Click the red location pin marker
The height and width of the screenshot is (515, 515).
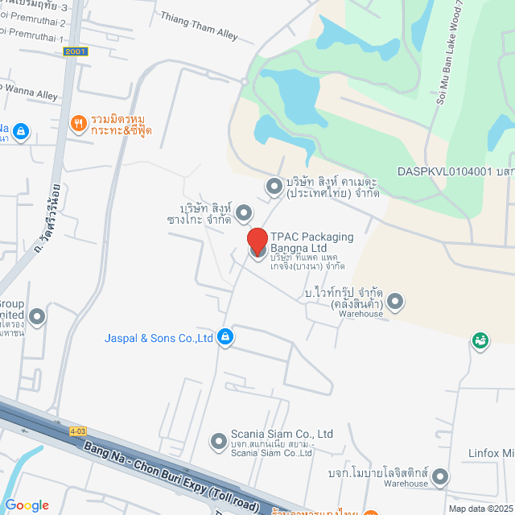click(257, 241)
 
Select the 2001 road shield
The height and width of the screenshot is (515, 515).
click(75, 51)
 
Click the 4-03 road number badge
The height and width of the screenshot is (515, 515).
click(77, 431)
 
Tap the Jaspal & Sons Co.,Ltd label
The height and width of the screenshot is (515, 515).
click(159, 338)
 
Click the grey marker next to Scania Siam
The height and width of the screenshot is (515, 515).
click(218, 440)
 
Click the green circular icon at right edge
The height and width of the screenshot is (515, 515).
click(480, 341)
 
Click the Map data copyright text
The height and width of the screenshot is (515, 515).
click(480, 509)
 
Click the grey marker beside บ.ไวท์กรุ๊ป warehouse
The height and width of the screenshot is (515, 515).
click(395, 302)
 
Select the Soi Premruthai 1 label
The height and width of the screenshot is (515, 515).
click(32, 38)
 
